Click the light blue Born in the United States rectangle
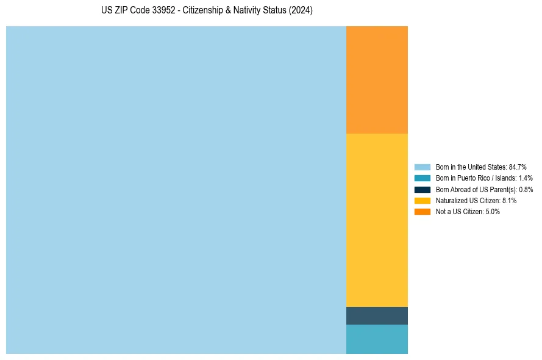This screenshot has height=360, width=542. pyautogui.click(x=176, y=190)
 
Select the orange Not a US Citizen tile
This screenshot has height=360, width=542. pyautogui.click(x=377, y=79)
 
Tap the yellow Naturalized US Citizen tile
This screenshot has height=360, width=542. pyautogui.click(x=377, y=220)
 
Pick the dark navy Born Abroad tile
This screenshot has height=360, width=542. pyautogui.click(x=377, y=315)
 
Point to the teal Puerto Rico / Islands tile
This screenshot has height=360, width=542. pyautogui.click(x=377, y=339)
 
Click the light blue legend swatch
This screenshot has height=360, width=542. pyautogui.click(x=423, y=167)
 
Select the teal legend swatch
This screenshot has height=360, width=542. pyautogui.click(x=423, y=178)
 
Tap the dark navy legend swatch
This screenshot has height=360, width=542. pyautogui.click(x=423, y=189)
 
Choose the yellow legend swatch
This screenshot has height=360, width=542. pyautogui.click(x=423, y=200)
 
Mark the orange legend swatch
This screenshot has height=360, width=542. pyautogui.click(x=423, y=211)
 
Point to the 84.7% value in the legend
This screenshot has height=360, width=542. pyautogui.click(x=518, y=167)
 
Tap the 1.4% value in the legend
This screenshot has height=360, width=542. pyautogui.click(x=526, y=178)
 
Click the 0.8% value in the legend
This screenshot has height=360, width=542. pyautogui.click(x=526, y=189)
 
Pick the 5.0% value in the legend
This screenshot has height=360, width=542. pyautogui.click(x=493, y=211)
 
